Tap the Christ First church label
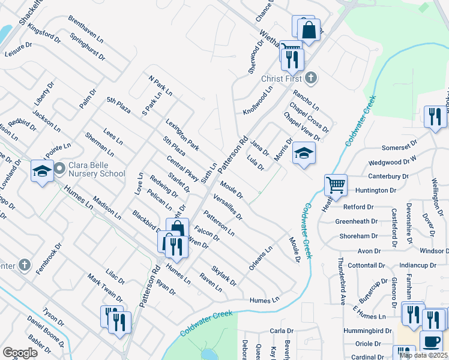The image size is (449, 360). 282,79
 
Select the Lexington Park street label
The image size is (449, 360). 182,133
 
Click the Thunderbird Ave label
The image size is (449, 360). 343,280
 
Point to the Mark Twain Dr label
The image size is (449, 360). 105,289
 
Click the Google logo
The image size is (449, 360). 20,353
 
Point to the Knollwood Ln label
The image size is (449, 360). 258,100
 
